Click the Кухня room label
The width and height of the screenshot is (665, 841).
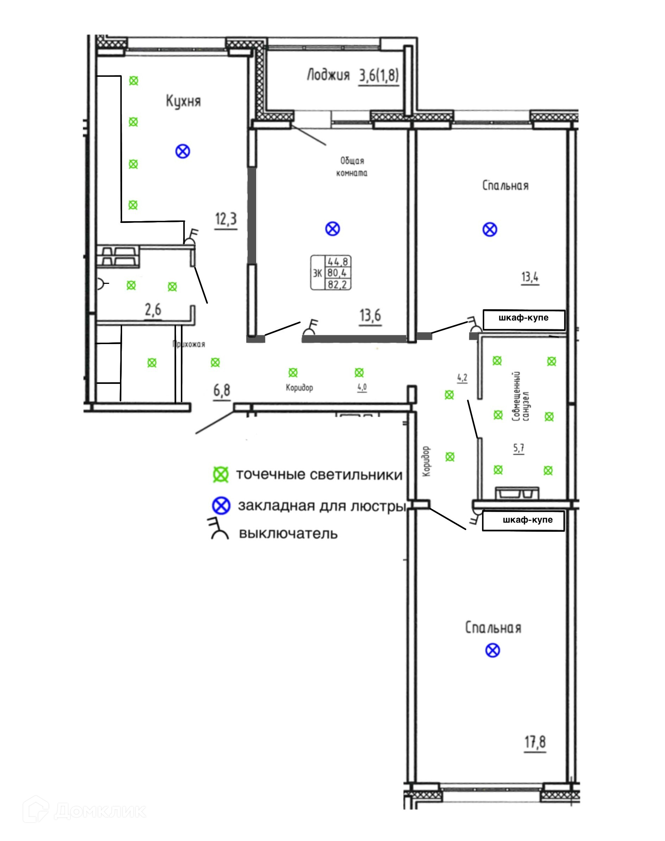coord(183,101)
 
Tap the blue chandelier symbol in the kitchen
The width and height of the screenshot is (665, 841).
coord(183,151)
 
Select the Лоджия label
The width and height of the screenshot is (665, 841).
coord(328,75)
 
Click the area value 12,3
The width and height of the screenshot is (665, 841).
coord(226,219)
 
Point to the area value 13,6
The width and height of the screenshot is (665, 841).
coord(370,315)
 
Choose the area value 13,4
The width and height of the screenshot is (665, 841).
coord(530,277)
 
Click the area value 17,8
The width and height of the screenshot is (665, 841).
coord(536,742)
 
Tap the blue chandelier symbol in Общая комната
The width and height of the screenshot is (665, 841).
coord(332,229)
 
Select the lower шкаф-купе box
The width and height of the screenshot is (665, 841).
coord(523,521)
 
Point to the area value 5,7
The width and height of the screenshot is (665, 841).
coord(519,448)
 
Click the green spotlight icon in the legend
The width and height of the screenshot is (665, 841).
coord(221,475)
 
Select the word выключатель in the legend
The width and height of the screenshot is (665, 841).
coord(288,534)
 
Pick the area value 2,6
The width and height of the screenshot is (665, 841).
coord(153,310)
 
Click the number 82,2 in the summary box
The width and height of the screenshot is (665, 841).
coord(337,284)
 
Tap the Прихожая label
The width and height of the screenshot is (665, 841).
coord(189,344)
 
